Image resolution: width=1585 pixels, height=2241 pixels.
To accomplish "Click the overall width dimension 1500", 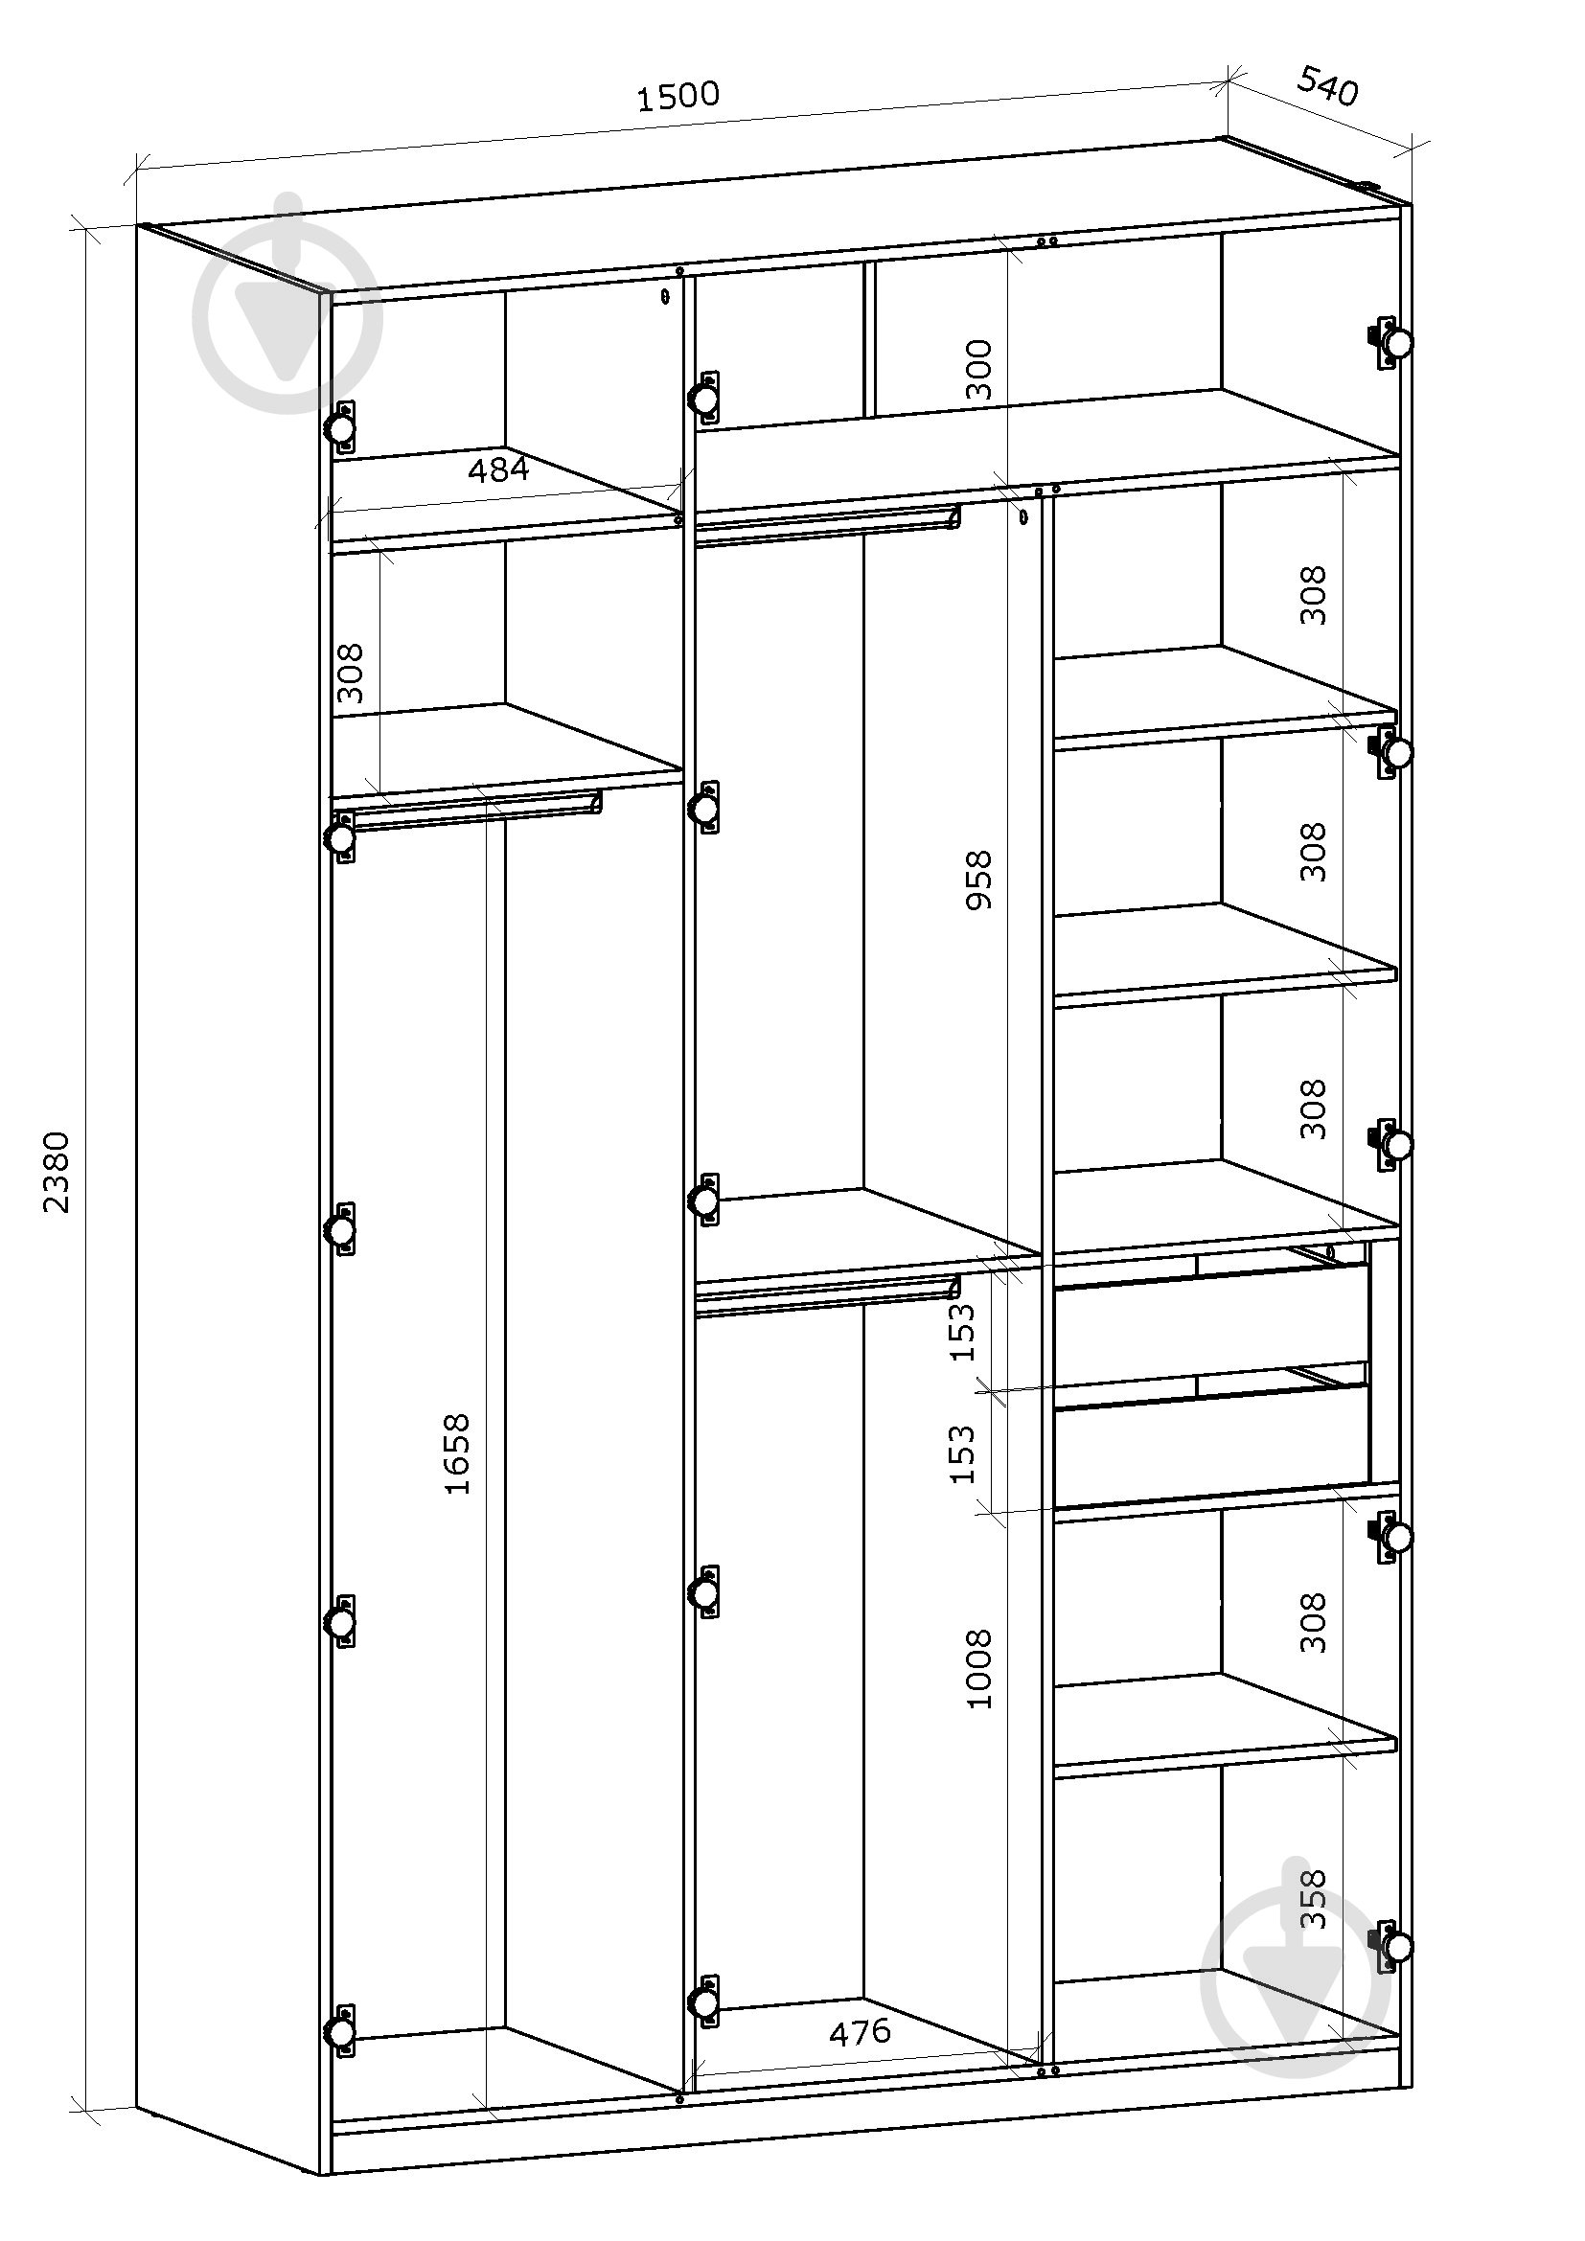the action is point(678,96).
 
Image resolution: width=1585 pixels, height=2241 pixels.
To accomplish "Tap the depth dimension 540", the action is point(1327,86).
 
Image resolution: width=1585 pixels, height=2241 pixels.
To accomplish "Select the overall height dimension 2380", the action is point(57,1171).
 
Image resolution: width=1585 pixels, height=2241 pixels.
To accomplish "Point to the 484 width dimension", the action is point(497,470).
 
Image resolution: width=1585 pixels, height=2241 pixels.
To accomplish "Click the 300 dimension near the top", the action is point(976,370).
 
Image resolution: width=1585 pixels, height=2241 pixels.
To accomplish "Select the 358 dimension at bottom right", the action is point(1314,1898).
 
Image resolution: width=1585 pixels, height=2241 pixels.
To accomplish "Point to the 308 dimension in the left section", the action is point(350,673).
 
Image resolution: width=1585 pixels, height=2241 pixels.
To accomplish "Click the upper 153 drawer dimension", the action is point(962,1332).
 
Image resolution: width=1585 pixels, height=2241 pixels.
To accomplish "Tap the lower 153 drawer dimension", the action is point(962,1453).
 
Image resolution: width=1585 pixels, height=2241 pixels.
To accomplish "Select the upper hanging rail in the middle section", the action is point(828,526).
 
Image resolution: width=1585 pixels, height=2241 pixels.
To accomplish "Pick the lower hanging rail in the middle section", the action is point(828,1294).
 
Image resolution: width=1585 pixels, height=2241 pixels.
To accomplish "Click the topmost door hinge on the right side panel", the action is point(1390,343).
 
